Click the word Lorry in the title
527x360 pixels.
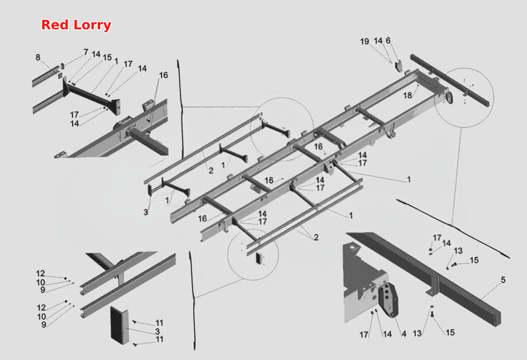(x=92, y=25)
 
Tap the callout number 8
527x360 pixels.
(x=38, y=57)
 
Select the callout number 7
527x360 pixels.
(x=86, y=52)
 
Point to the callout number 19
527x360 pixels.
(x=365, y=42)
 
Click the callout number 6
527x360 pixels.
(x=388, y=40)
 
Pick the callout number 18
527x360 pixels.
(x=408, y=95)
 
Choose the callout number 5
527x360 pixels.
(x=503, y=280)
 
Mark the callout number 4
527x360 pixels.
(x=404, y=334)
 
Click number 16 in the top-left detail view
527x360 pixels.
(x=163, y=75)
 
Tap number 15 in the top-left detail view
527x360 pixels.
(x=107, y=57)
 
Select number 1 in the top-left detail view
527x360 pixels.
(x=117, y=61)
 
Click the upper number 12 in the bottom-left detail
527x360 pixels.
(x=40, y=273)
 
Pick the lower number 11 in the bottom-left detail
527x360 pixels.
(x=160, y=339)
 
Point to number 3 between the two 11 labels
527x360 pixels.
(x=158, y=331)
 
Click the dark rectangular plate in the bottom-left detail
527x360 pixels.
(x=119, y=325)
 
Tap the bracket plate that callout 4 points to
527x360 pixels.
(x=388, y=300)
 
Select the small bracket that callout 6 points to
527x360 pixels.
(x=399, y=66)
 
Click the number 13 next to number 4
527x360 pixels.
(x=417, y=334)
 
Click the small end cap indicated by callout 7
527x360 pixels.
(x=62, y=65)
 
